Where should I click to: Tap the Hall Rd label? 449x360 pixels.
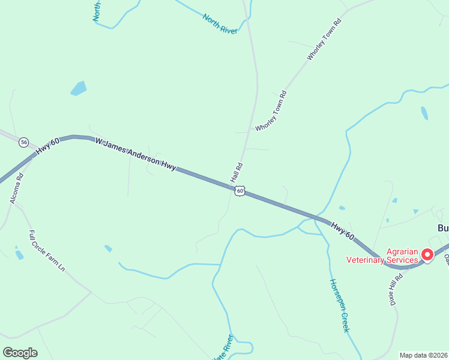point(237,173)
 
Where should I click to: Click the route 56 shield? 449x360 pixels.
point(23,142)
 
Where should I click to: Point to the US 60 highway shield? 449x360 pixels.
point(240,191)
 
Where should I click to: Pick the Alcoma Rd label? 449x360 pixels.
point(16,188)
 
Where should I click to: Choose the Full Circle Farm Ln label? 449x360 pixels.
point(47,251)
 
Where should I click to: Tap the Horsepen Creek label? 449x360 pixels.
point(339,305)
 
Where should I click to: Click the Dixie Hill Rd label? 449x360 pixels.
point(394,290)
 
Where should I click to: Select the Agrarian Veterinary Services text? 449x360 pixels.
point(382,256)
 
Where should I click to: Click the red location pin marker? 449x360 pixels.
point(427,254)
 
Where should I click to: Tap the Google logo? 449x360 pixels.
point(20,352)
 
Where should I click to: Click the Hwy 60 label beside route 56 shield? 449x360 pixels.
point(49,147)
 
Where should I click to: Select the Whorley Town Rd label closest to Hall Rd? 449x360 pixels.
point(271,111)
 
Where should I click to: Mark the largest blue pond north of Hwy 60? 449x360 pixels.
point(79,89)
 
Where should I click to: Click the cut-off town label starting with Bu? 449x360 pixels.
point(442,229)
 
